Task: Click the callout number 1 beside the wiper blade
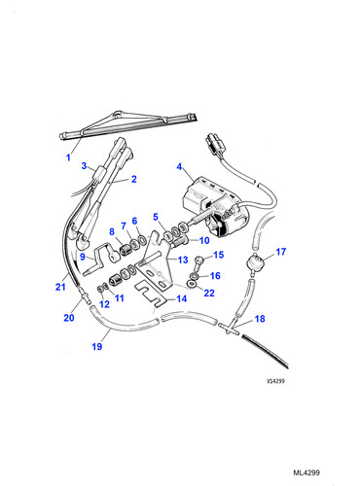click(68, 157)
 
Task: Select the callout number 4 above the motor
click(179, 167)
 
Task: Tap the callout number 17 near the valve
click(281, 252)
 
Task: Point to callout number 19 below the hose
click(97, 346)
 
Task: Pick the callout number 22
click(209, 293)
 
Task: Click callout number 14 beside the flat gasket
click(182, 298)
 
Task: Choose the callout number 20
click(69, 318)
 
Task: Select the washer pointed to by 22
click(192, 284)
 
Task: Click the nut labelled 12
click(100, 288)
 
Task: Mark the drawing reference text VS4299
click(275, 381)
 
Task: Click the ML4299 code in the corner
click(306, 472)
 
